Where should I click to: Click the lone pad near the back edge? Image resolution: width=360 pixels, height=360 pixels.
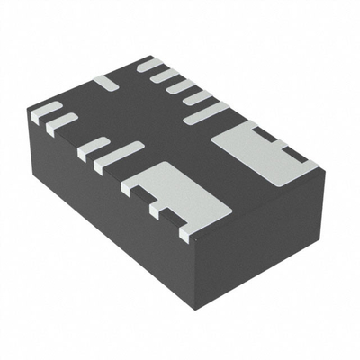(x=106, y=82)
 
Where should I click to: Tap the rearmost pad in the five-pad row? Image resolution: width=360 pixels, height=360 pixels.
(x=148, y=65)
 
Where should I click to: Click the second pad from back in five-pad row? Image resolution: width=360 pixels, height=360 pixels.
(x=165, y=76)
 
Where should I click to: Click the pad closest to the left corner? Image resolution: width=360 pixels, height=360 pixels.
(x=45, y=111)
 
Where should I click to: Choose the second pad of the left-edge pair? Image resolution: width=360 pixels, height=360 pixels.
(x=61, y=123)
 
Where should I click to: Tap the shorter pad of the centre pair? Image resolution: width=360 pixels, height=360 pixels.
(x=93, y=148)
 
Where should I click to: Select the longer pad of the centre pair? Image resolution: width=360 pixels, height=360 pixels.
(x=118, y=157)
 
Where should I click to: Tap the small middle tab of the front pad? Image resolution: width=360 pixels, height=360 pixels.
(x=160, y=209)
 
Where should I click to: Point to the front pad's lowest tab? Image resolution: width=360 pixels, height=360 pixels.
(x=187, y=233)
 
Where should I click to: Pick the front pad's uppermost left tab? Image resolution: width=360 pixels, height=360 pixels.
(x=131, y=185)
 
